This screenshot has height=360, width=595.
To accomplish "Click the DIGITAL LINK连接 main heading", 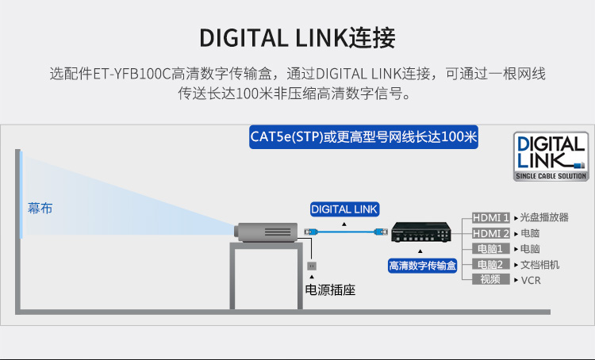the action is (x=297, y=38).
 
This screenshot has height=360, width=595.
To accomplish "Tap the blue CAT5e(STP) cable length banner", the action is (x=363, y=137).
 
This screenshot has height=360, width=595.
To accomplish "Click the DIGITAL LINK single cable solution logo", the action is (x=551, y=156).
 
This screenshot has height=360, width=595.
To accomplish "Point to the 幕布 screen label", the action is (x=40, y=209).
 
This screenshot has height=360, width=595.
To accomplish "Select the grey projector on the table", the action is (x=266, y=232).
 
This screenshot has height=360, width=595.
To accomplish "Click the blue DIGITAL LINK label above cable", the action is (x=344, y=209).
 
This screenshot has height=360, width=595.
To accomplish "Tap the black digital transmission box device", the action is (x=420, y=232).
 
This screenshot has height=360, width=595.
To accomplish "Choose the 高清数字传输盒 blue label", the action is (x=422, y=266).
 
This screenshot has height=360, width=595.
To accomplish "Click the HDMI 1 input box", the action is (x=490, y=218).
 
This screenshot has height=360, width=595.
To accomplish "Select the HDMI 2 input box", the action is (x=490, y=233).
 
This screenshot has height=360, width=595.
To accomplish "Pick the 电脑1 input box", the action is (x=490, y=249).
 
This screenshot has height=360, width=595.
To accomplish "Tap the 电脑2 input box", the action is (x=490, y=264).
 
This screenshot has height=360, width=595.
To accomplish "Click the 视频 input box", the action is (x=490, y=280).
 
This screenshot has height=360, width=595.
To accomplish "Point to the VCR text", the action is (x=531, y=281).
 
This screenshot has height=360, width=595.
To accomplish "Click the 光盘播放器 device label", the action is (x=544, y=217).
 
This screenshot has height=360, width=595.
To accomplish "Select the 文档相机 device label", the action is (x=539, y=265).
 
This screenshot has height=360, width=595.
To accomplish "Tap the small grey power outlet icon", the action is (x=312, y=266).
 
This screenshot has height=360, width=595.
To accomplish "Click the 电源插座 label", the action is (x=330, y=290).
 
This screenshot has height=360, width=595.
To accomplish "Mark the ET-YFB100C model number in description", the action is (x=132, y=74).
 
